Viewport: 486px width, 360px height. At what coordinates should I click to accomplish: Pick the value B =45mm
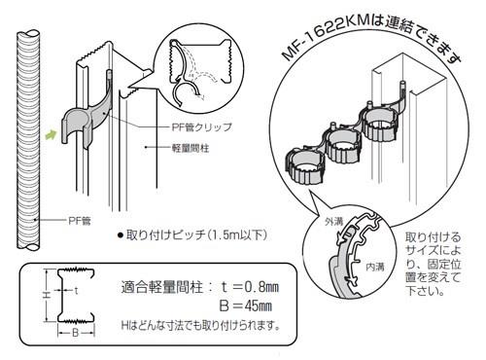[247, 306]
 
